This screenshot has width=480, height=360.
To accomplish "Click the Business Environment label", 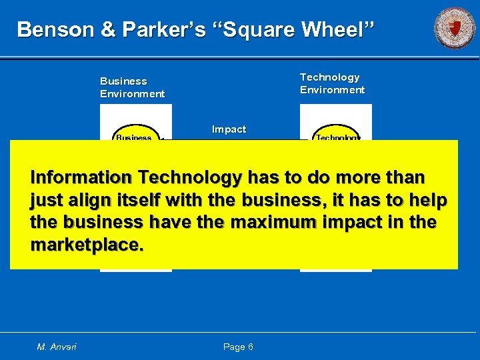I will [x=132, y=87].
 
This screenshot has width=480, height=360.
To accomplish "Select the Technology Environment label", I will [x=332, y=83].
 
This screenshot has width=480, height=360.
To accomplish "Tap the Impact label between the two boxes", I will [x=229, y=129].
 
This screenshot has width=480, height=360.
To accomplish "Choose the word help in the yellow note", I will [x=427, y=201].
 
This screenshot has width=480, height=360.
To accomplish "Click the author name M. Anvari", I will [x=57, y=347].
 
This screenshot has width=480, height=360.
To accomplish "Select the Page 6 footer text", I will [x=238, y=347].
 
